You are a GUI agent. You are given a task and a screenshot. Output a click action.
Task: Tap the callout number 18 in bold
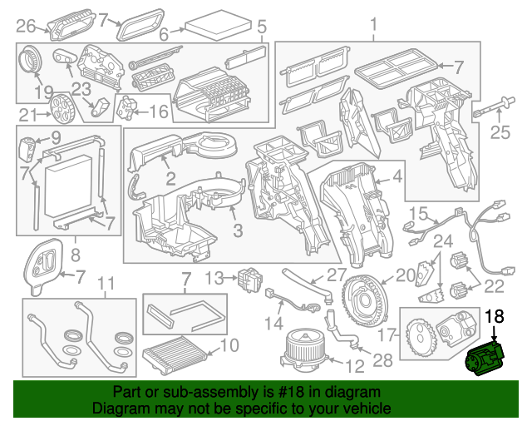click(494, 316)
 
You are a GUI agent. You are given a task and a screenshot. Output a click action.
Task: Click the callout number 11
click(104, 285)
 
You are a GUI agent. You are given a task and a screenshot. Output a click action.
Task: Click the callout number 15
click(418, 212)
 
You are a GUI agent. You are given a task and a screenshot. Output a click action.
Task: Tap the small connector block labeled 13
click(247, 277)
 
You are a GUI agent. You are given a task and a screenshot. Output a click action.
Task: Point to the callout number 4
click(397, 176)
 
